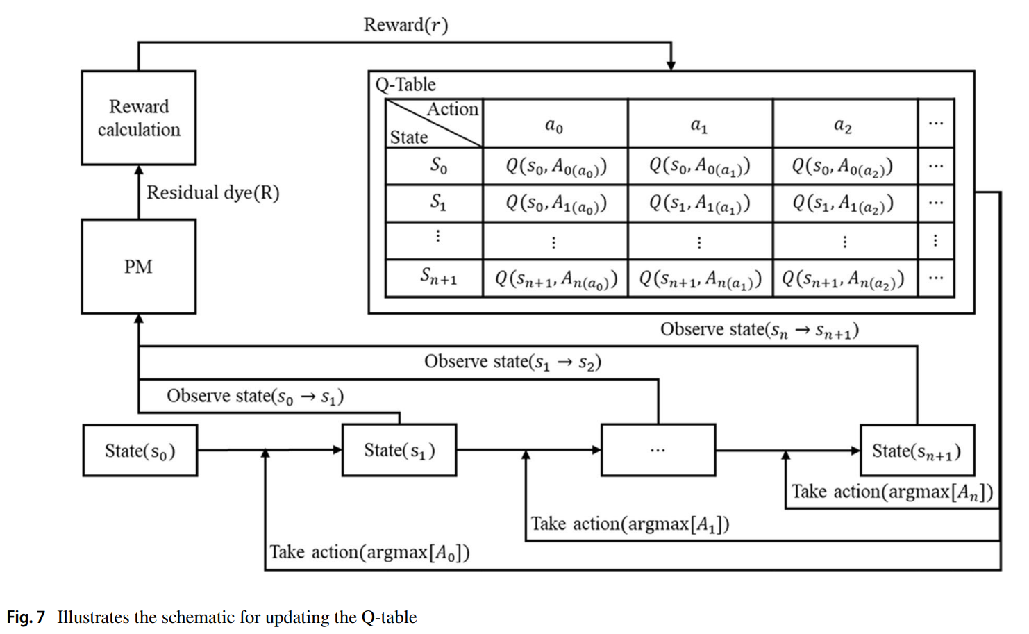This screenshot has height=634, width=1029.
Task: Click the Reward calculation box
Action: [x=138, y=117]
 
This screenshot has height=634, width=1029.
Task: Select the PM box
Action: [x=138, y=267]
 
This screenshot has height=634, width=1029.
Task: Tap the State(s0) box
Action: [x=140, y=451]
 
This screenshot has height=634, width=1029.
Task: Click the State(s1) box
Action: [x=399, y=451]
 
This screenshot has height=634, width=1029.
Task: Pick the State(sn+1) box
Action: [x=917, y=451]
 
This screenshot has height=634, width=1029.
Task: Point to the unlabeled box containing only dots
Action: [x=658, y=451]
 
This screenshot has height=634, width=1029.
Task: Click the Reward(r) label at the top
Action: [x=405, y=25]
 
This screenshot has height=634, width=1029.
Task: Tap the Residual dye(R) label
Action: [x=212, y=192]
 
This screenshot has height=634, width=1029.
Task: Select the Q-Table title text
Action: [x=405, y=85]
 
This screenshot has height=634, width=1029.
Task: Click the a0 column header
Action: [x=554, y=125]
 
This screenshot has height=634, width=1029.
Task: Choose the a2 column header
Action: [x=843, y=125]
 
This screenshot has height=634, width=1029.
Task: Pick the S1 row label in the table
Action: [x=437, y=202]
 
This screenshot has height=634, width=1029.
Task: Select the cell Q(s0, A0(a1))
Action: [x=699, y=166]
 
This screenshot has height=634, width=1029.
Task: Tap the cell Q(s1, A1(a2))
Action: [x=843, y=203]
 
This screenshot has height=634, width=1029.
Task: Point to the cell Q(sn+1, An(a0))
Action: [x=555, y=278]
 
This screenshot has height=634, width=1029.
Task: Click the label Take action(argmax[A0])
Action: [x=369, y=552]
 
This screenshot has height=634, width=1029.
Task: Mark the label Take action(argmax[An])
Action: [x=892, y=492]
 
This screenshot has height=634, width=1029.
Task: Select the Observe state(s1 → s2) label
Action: [x=512, y=362]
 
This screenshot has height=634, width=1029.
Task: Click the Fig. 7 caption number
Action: [x=26, y=617]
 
